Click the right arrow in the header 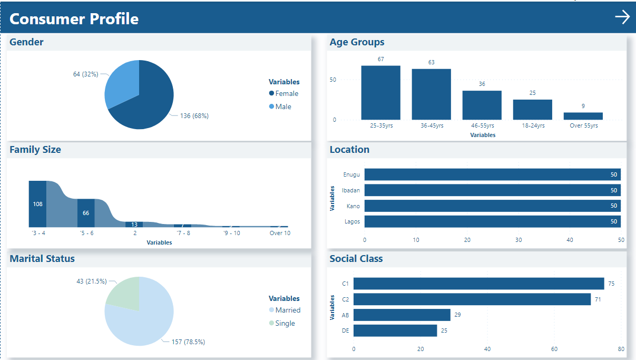[x=622, y=17]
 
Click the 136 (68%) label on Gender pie [x=194, y=116]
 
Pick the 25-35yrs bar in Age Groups [x=380, y=93]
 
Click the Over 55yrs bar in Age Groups [x=583, y=116]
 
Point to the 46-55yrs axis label [x=482, y=126]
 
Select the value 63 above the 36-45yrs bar [x=431, y=63]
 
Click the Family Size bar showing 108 [x=37, y=204]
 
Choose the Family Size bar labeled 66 [x=86, y=213]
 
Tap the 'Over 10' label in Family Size [x=280, y=233]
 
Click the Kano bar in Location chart [x=492, y=206]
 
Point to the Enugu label [x=351, y=174]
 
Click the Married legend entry [x=287, y=310]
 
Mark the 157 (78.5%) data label [x=188, y=342]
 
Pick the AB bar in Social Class [x=402, y=315]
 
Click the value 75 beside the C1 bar [x=611, y=284]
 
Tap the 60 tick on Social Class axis [x=554, y=349]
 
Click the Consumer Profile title [x=74, y=19]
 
